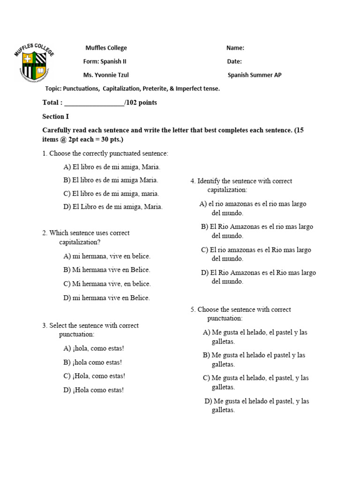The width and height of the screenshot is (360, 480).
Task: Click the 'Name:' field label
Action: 235,48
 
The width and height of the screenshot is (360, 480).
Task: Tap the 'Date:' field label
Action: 234,61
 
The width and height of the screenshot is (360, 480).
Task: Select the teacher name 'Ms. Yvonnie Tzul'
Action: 106,75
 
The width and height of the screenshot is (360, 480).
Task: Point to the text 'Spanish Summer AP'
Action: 255,75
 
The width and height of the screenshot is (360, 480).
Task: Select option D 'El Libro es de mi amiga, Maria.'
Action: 113,207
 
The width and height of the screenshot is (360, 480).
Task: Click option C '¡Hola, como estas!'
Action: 94,376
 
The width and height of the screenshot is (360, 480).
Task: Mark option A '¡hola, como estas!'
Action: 94,348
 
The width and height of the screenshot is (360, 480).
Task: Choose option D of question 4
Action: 258,277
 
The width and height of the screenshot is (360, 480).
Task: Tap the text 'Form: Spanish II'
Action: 105,61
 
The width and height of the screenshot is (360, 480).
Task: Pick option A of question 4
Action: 253,208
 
